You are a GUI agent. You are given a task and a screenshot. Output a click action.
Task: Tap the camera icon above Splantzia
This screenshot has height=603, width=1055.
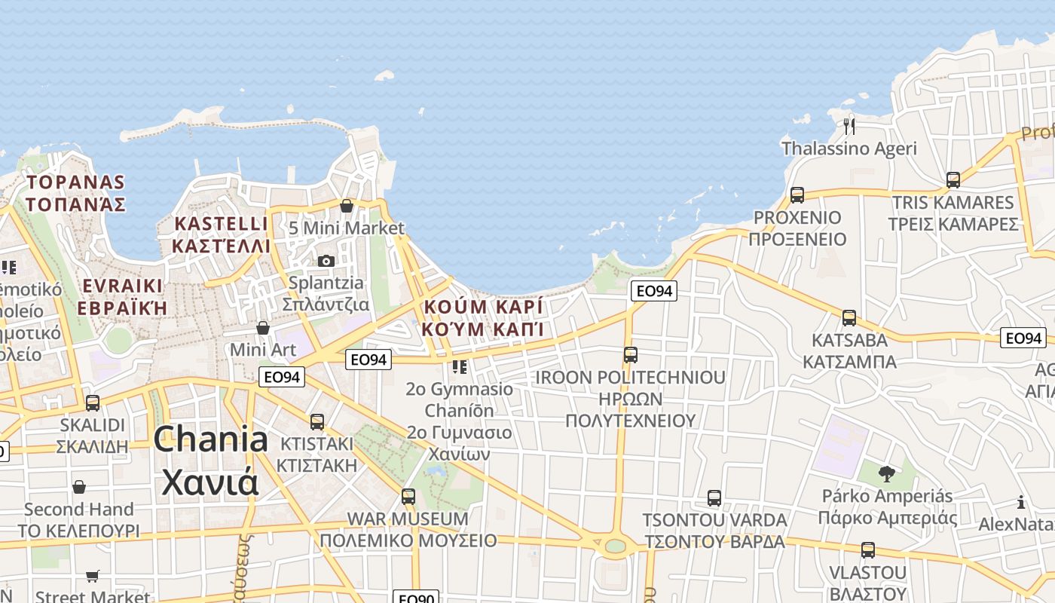point(326,261)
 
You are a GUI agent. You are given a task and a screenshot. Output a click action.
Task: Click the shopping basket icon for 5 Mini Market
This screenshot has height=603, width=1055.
point(347,205)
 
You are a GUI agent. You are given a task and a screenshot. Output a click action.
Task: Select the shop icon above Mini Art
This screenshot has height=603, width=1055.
point(263,328)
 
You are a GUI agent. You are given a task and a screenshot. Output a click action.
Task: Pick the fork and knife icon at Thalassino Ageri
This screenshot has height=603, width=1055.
point(849,126)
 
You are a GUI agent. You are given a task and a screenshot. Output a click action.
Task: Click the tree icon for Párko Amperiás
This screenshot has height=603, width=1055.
point(887,474)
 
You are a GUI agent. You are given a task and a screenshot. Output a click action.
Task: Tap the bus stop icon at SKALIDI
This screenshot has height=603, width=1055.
point(93,403)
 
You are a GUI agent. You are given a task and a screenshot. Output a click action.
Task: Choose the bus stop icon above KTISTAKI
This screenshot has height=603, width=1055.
point(317,421)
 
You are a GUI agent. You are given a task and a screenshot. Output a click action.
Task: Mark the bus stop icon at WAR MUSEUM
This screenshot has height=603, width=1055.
point(408,497)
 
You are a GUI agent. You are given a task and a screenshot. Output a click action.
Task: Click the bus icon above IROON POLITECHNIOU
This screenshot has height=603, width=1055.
point(631,354)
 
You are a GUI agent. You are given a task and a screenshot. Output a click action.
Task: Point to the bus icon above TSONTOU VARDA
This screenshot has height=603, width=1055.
point(714,498)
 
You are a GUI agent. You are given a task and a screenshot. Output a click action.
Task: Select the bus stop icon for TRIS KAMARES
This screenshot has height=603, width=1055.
point(953,180)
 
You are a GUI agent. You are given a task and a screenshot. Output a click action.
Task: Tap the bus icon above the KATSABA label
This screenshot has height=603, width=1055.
point(849,318)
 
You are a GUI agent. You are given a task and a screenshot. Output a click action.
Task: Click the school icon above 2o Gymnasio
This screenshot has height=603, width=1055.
point(459,367)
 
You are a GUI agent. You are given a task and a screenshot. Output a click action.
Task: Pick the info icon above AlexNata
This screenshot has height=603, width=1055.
point(1021,502)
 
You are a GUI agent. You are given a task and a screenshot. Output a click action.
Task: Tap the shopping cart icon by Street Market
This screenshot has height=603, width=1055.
point(93,576)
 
